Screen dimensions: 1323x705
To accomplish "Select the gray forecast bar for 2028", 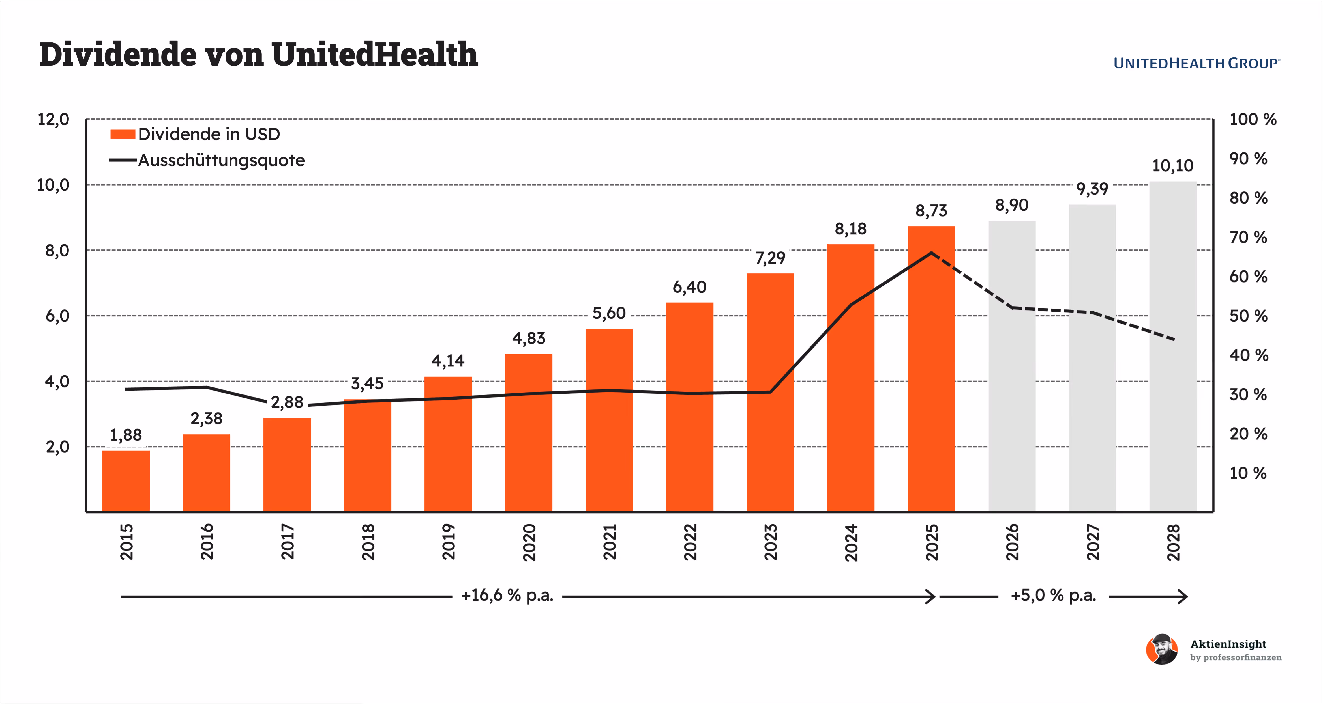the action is tap(1173, 346).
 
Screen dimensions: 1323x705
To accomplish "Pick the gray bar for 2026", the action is tap(1012, 366).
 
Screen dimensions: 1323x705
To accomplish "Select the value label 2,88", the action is tap(287, 402).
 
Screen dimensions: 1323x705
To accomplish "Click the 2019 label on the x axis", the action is tap(448, 542).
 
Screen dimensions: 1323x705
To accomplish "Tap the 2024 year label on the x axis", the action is tap(851, 542).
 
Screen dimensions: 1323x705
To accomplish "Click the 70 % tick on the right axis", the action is tap(1248, 238).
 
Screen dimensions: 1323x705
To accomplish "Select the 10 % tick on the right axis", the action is tap(1248, 473).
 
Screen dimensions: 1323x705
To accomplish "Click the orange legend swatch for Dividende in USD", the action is tap(123, 134).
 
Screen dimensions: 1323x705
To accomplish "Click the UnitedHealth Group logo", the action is tap(1197, 64).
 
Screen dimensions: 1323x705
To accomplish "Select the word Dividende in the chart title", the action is tap(118, 54).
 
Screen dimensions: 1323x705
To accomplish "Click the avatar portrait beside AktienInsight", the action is tap(1162, 650).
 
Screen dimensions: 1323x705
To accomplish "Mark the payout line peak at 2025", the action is tap(931, 253).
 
